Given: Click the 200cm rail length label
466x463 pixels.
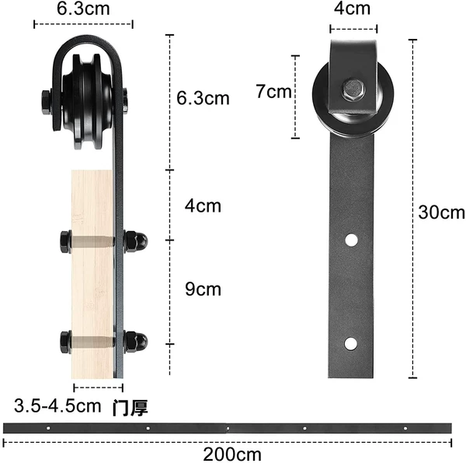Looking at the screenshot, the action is tap(232, 454).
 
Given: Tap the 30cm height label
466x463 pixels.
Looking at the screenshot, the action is tap(441, 212).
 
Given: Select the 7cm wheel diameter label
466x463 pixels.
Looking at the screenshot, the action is tap(273, 91).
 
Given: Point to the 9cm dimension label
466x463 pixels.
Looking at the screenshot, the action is tap(203, 289).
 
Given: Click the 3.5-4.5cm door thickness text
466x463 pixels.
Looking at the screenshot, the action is tap(57, 405).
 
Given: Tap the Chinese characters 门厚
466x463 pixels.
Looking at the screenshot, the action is tap(130, 408).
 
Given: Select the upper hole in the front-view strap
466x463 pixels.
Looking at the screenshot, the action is tap(351, 240).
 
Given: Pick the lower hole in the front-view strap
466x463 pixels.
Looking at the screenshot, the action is tap(351, 344).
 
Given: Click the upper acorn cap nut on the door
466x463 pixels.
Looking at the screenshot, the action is tap(135, 241).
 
